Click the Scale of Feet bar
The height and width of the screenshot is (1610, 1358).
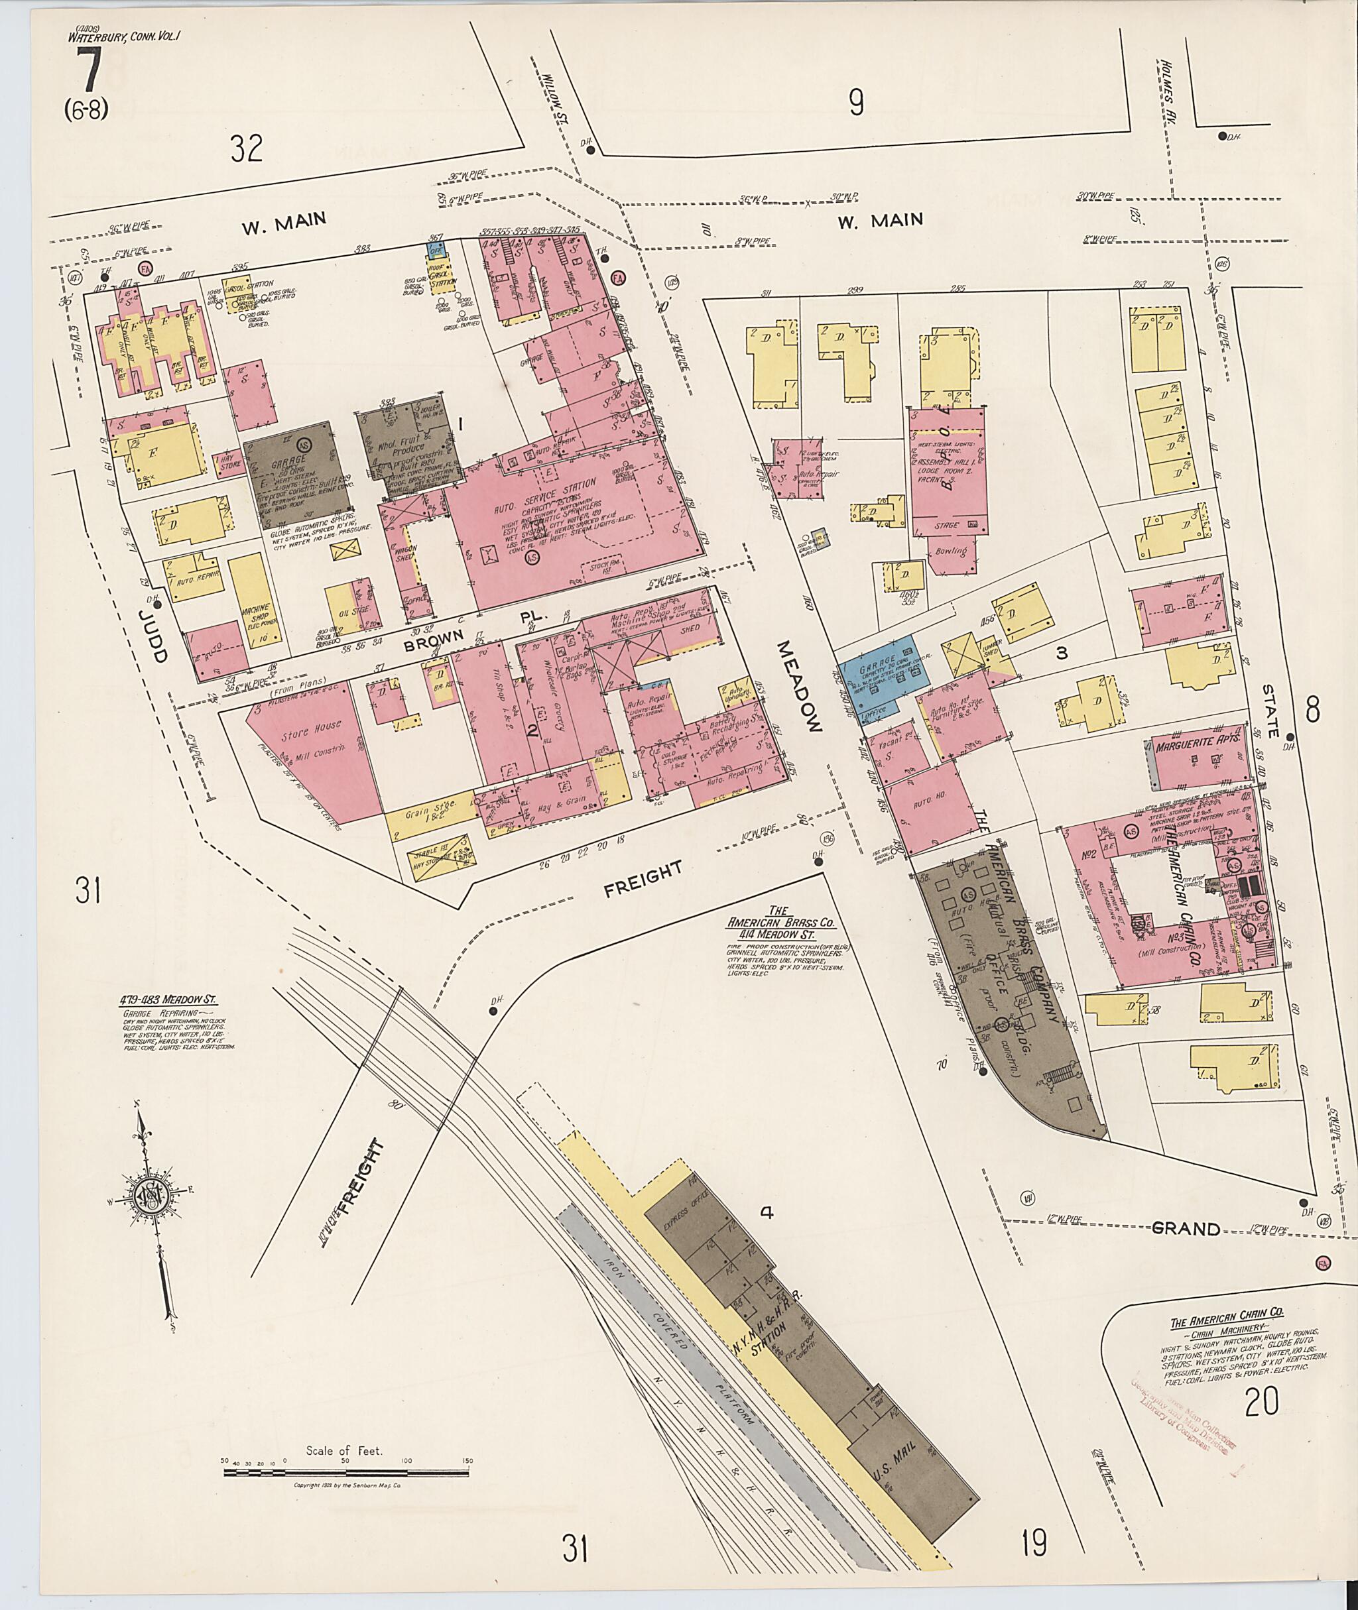(345, 1472)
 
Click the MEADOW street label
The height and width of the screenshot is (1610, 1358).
(800, 684)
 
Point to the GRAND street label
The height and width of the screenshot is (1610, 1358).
(1186, 1228)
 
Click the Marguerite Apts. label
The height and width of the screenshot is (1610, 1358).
(1196, 746)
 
